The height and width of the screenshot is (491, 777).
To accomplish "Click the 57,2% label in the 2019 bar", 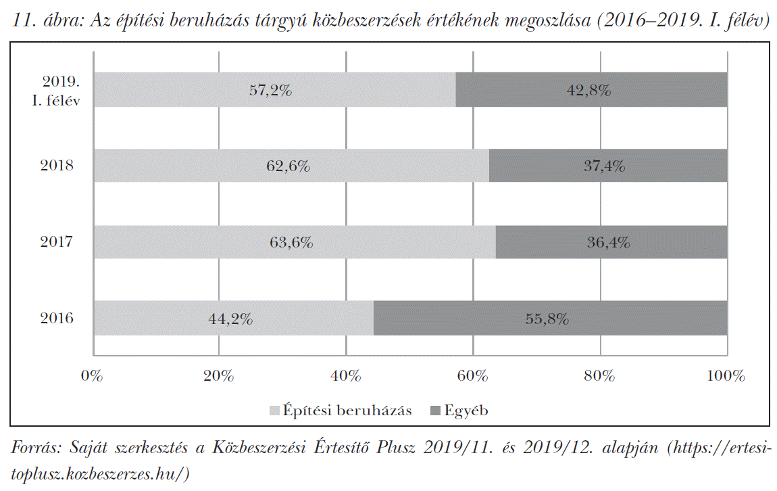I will coord(270,90).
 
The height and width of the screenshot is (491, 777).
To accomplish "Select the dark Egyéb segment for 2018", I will coord(608,166).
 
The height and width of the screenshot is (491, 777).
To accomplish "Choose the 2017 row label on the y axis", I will coord(57,242).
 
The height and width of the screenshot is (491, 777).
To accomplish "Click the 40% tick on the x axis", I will coord(345,375).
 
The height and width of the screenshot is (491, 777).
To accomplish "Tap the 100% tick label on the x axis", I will coord(725,375).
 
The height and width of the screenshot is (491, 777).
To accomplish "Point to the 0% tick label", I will coord(93,375).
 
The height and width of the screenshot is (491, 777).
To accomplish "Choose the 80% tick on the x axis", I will coord(600,375).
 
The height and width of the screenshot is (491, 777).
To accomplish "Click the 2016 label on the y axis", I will coord(57,319).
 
